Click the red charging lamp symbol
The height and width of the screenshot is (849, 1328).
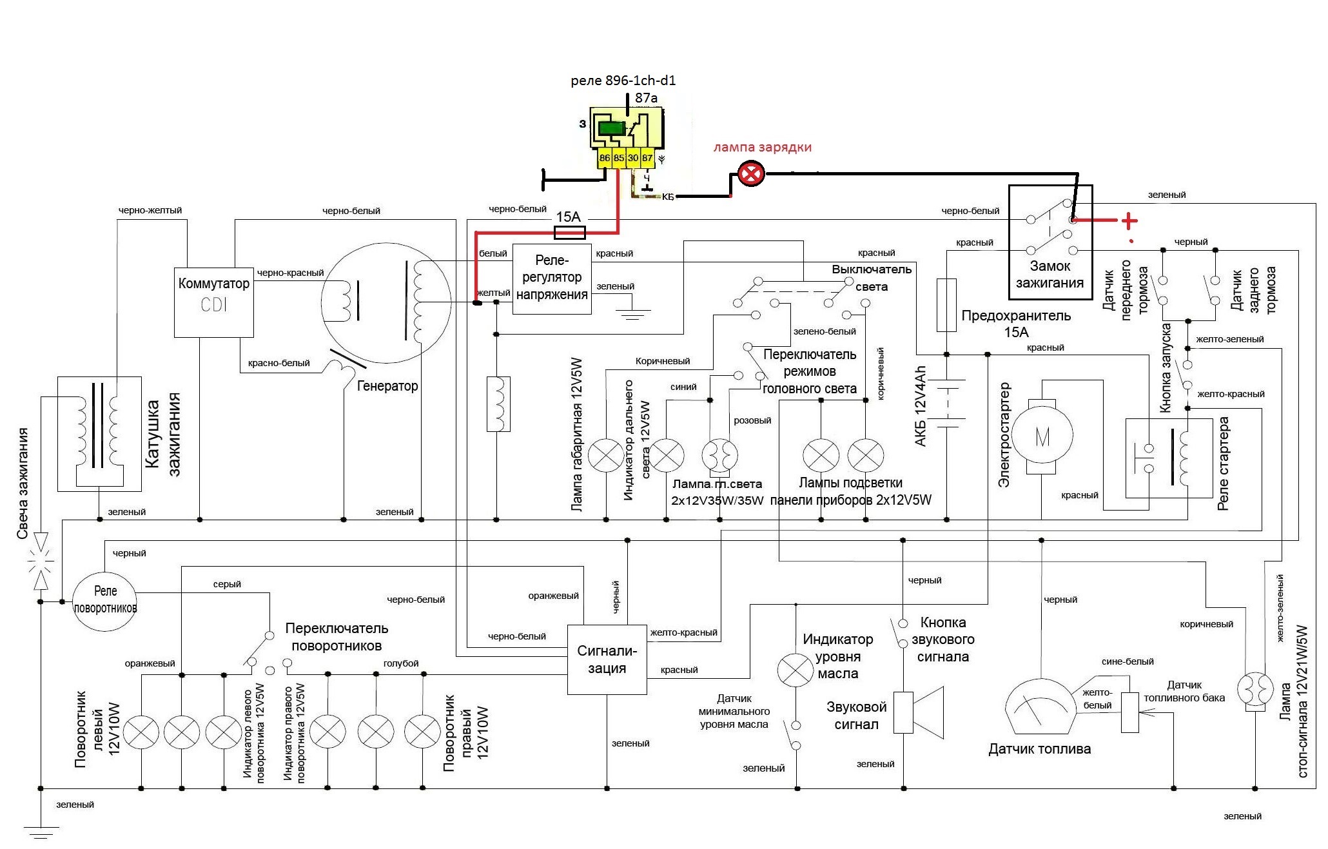coord(751,173)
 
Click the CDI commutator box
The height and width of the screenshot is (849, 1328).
coord(213,302)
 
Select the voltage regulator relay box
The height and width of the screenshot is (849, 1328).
coord(552,278)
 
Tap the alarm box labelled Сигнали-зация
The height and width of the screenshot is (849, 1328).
coord(607,659)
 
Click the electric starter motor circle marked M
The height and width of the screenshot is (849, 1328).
coord(1042,436)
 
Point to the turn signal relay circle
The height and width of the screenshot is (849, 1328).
coord(105,600)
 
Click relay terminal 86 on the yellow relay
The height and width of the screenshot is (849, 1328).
coord(604,158)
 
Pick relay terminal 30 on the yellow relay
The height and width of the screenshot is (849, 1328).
coord(633,158)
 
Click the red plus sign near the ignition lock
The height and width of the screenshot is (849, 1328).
coord(1129,221)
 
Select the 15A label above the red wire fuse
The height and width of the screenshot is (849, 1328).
coord(568,217)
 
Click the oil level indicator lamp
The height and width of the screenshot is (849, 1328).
coord(796,670)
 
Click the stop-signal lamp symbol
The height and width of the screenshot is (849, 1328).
coord(1255,688)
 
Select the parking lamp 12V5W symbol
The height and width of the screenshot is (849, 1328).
coord(606,455)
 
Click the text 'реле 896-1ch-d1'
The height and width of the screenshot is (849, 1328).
coord(623,81)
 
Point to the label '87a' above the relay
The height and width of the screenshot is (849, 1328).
coord(646,98)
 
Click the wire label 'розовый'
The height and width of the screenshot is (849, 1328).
coord(752,420)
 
